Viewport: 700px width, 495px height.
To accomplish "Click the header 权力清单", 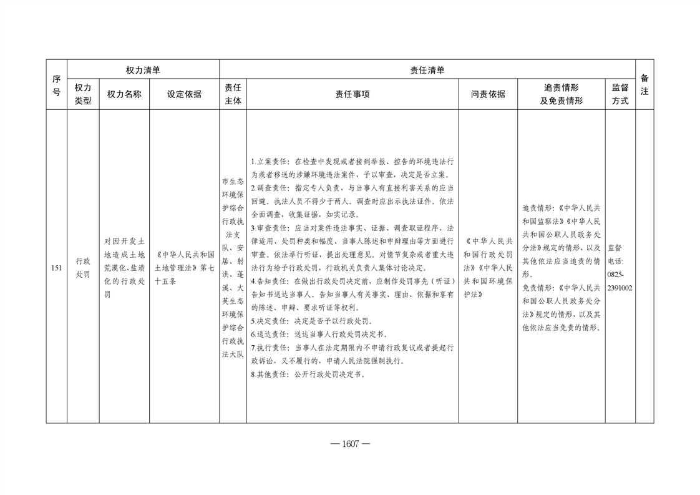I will pyautogui.click(x=143, y=71).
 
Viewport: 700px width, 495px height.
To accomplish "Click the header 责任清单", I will pyautogui.click(x=427, y=71).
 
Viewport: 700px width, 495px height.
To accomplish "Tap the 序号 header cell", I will pyautogui.click(x=56, y=85).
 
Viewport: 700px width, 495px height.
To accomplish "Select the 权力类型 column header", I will pyautogui.click(x=83, y=94).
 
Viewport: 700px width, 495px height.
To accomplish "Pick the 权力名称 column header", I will pyautogui.click(x=124, y=94).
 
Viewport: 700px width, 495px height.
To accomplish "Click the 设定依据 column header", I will pyautogui.click(x=184, y=94).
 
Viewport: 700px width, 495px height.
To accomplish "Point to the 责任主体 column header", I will pyautogui.click(x=233, y=94).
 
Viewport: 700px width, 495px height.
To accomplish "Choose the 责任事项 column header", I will pyautogui.click(x=352, y=94).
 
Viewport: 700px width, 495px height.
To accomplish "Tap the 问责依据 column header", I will pyautogui.click(x=488, y=94).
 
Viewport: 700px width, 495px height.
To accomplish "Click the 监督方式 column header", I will pyautogui.click(x=620, y=94).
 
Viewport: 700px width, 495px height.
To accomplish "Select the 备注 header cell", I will pyautogui.click(x=644, y=85).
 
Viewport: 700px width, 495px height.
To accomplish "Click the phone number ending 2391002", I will pyautogui.click(x=620, y=288).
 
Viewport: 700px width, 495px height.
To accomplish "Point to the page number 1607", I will pyautogui.click(x=350, y=444).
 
